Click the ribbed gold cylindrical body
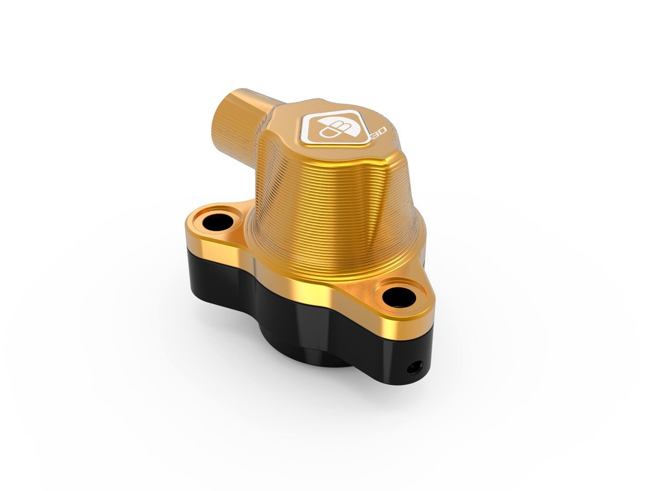point(327,202)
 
